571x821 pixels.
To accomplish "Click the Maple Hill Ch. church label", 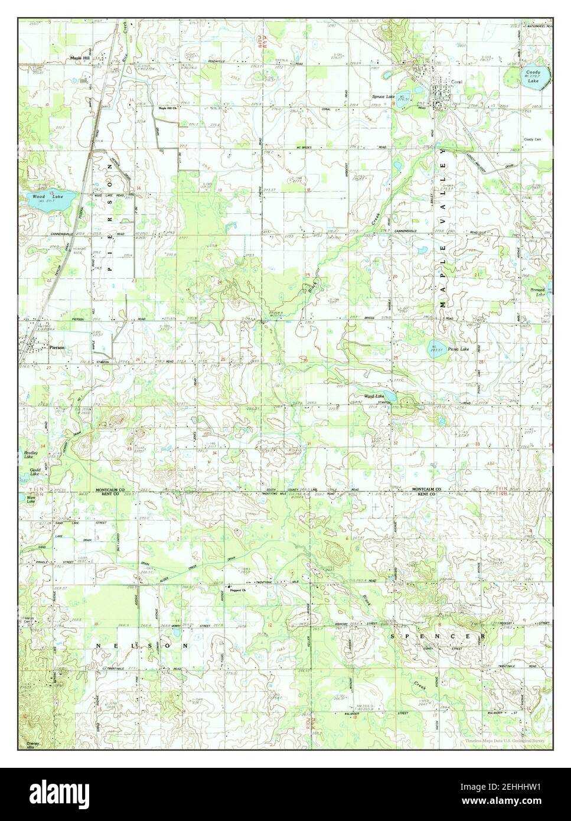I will click(x=167, y=108).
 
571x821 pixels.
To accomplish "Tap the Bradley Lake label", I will click(x=28, y=457).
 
